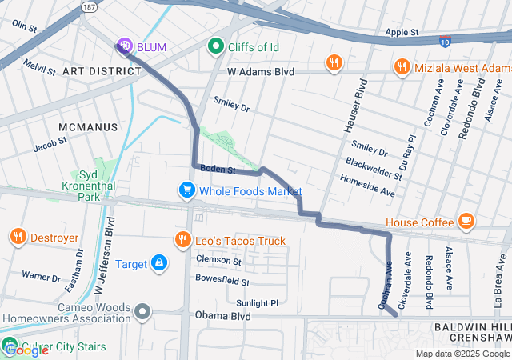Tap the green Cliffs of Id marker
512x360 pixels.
(x=214, y=47)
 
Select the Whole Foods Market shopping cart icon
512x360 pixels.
(x=186, y=191)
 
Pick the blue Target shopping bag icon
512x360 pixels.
(x=159, y=262)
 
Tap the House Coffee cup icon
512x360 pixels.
(x=466, y=221)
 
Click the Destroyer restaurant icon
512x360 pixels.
(x=18, y=237)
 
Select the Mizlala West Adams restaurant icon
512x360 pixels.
(x=402, y=67)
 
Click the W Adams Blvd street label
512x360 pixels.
(x=261, y=72)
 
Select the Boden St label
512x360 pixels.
(x=217, y=169)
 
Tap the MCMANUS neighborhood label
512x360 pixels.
(x=88, y=127)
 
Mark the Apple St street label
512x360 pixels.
(x=402, y=33)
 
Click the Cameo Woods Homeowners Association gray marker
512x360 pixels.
(x=142, y=311)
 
